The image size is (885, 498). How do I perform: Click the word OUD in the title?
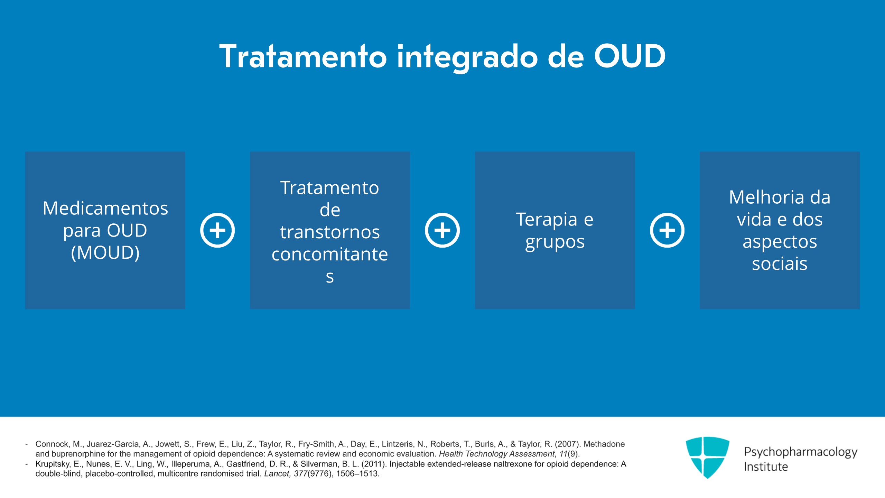[630, 56]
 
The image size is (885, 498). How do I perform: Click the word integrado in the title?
[467, 57]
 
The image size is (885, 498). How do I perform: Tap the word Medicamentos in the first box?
[105, 208]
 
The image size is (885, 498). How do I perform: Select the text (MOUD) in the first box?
[105, 252]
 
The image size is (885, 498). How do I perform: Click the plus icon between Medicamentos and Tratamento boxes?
[217, 230]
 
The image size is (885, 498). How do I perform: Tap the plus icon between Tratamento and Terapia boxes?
[442, 230]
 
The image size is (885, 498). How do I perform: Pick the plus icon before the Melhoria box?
[667, 230]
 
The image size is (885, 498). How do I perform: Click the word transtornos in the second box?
[330, 232]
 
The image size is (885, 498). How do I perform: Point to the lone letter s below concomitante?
[330, 277]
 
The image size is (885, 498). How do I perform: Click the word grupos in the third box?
[555, 242]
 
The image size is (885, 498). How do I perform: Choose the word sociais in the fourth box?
[780, 264]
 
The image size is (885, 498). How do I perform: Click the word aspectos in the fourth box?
[780, 241]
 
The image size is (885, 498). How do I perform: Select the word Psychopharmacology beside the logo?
[800, 452]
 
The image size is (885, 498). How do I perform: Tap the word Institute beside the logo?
[766, 467]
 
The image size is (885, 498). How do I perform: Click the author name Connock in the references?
[52, 444]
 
